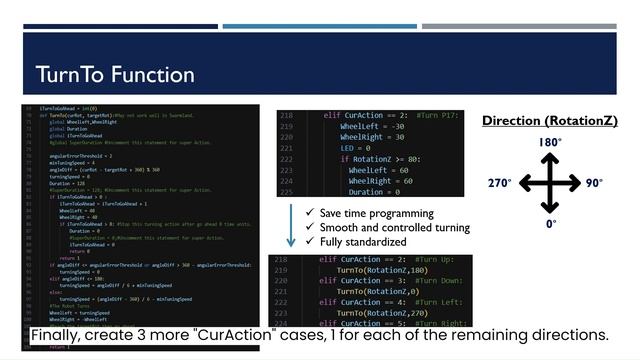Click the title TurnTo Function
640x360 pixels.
click(115, 75)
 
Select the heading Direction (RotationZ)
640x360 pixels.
click(549, 121)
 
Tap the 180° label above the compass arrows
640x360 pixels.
click(549, 143)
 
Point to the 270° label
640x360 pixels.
click(501, 183)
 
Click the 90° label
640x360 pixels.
click(594, 183)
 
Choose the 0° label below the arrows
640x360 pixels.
click(551, 225)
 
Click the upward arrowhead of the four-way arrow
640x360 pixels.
click(549, 157)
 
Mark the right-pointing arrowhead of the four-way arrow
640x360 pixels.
click(576, 183)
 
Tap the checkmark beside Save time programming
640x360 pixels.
click(309, 213)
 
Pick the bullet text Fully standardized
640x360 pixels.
click(363, 242)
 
